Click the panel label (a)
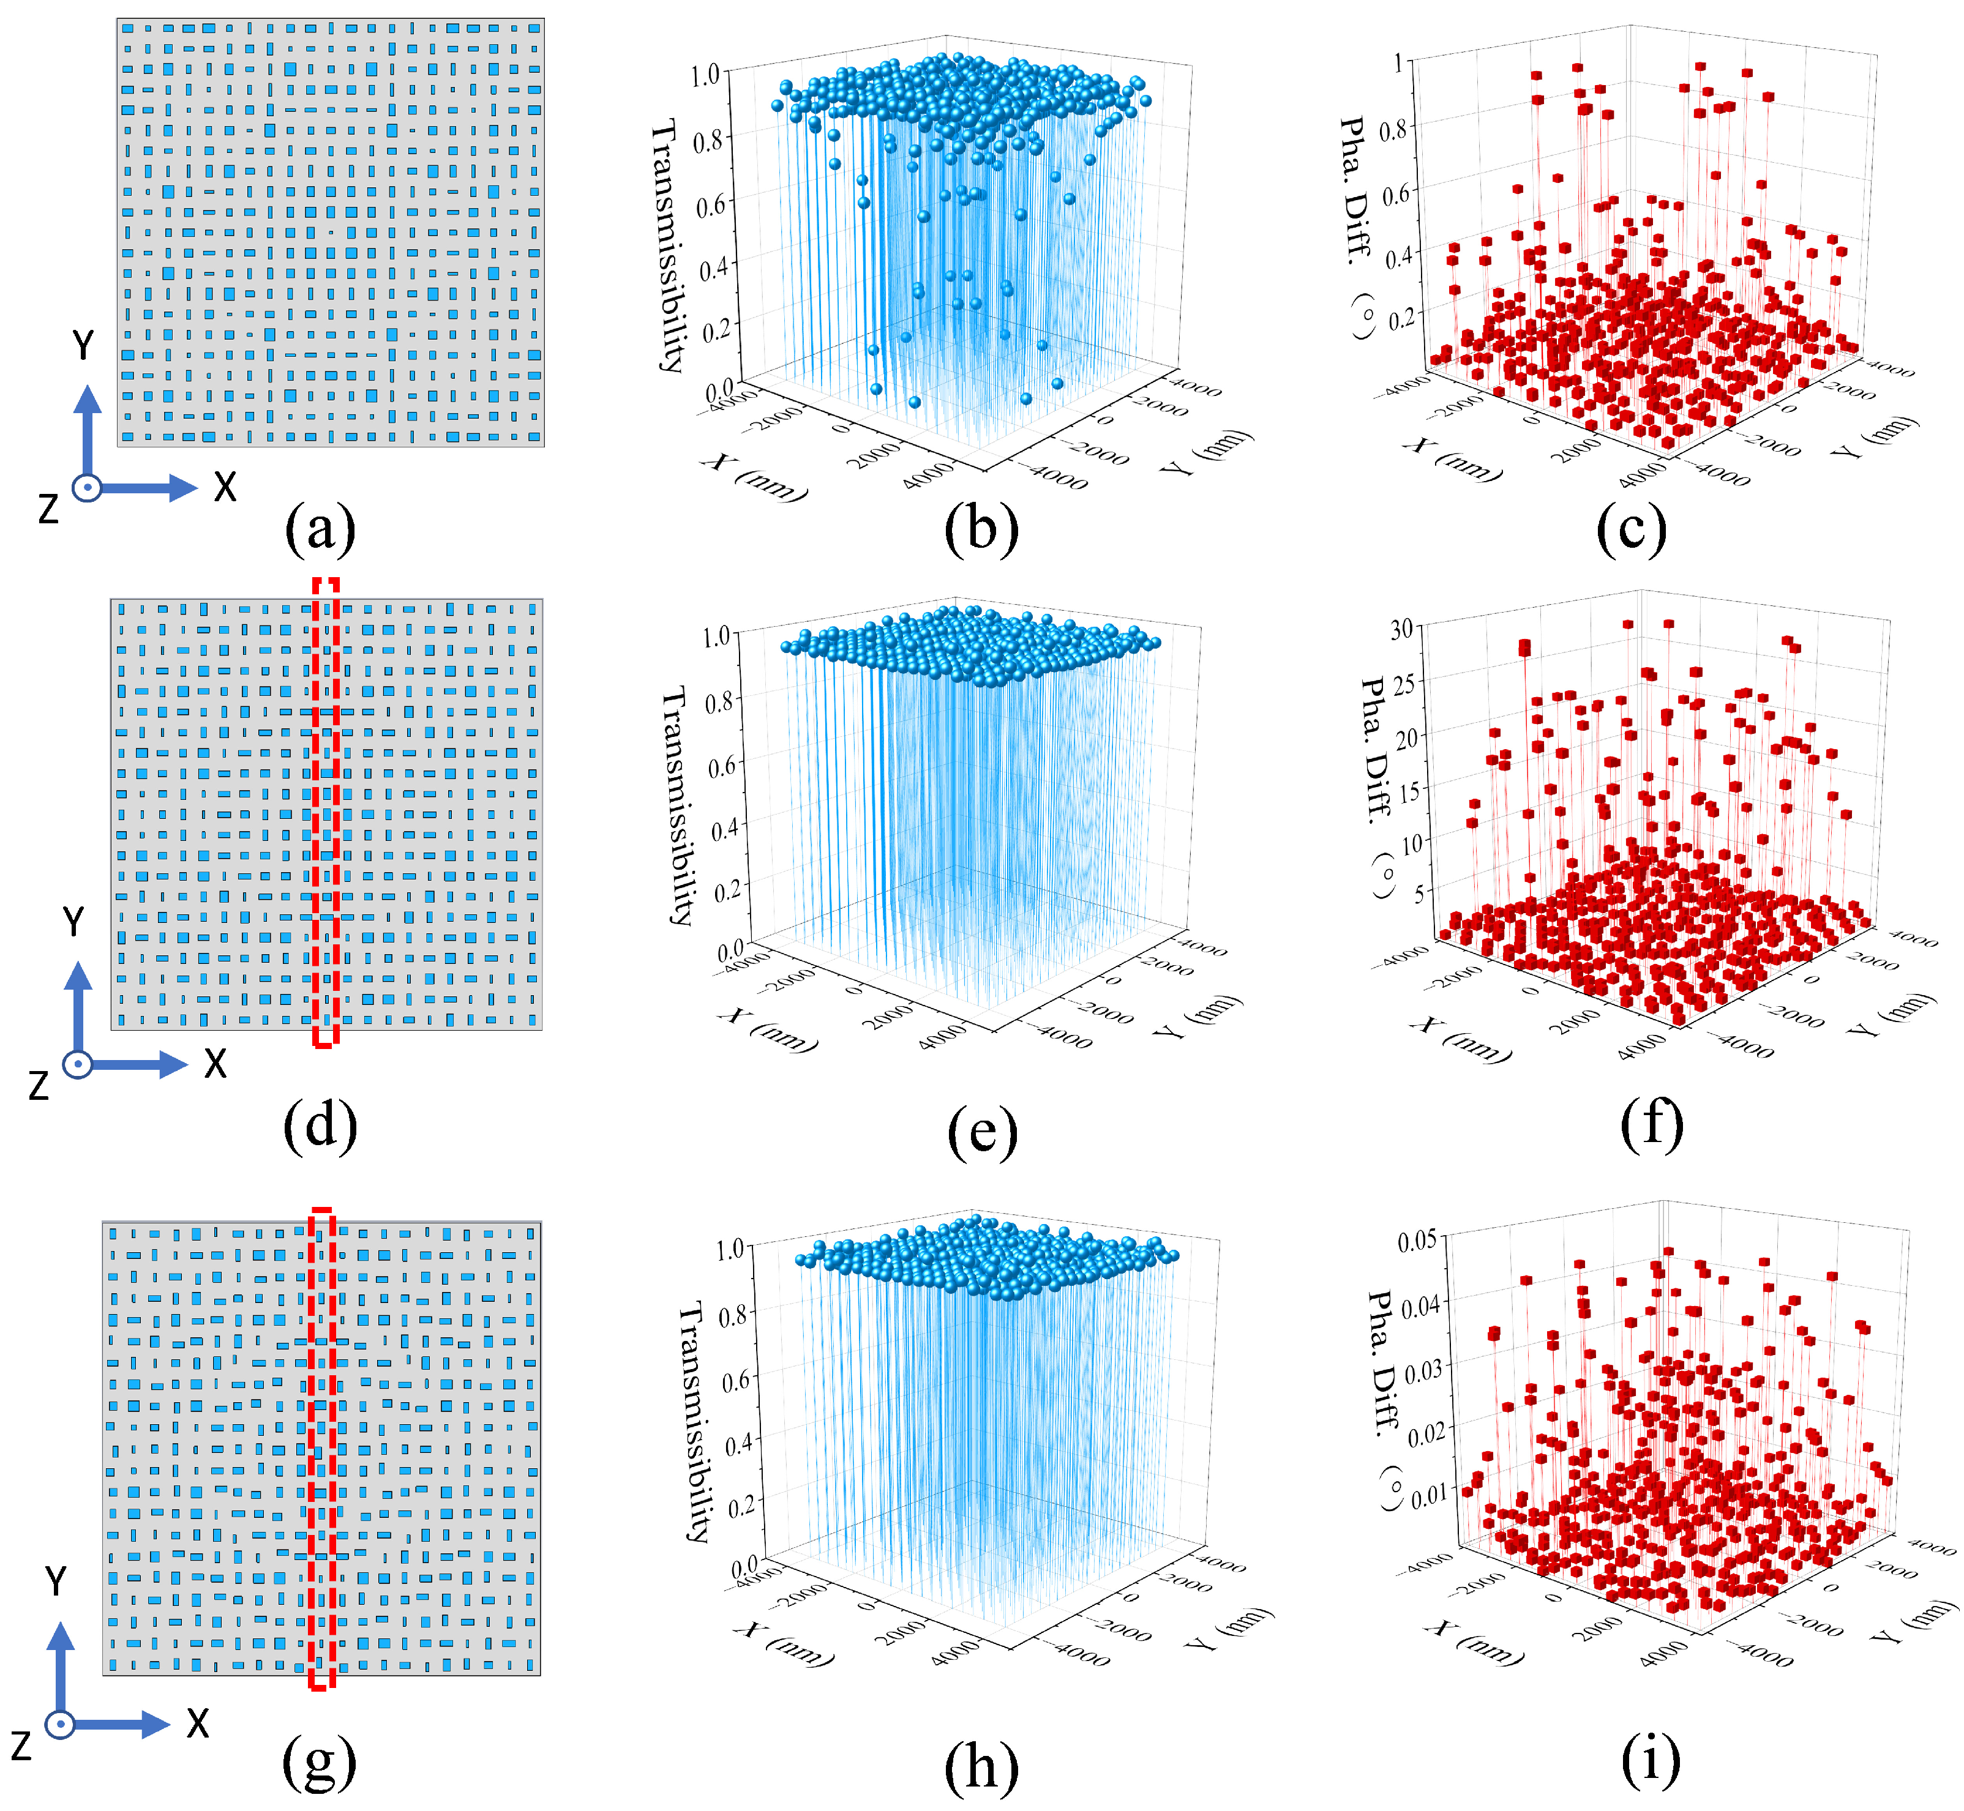(320, 529)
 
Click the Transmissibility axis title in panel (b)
(667, 245)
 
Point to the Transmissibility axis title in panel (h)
(693, 1421)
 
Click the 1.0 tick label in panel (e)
(716, 636)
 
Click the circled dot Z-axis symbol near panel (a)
(87, 487)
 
